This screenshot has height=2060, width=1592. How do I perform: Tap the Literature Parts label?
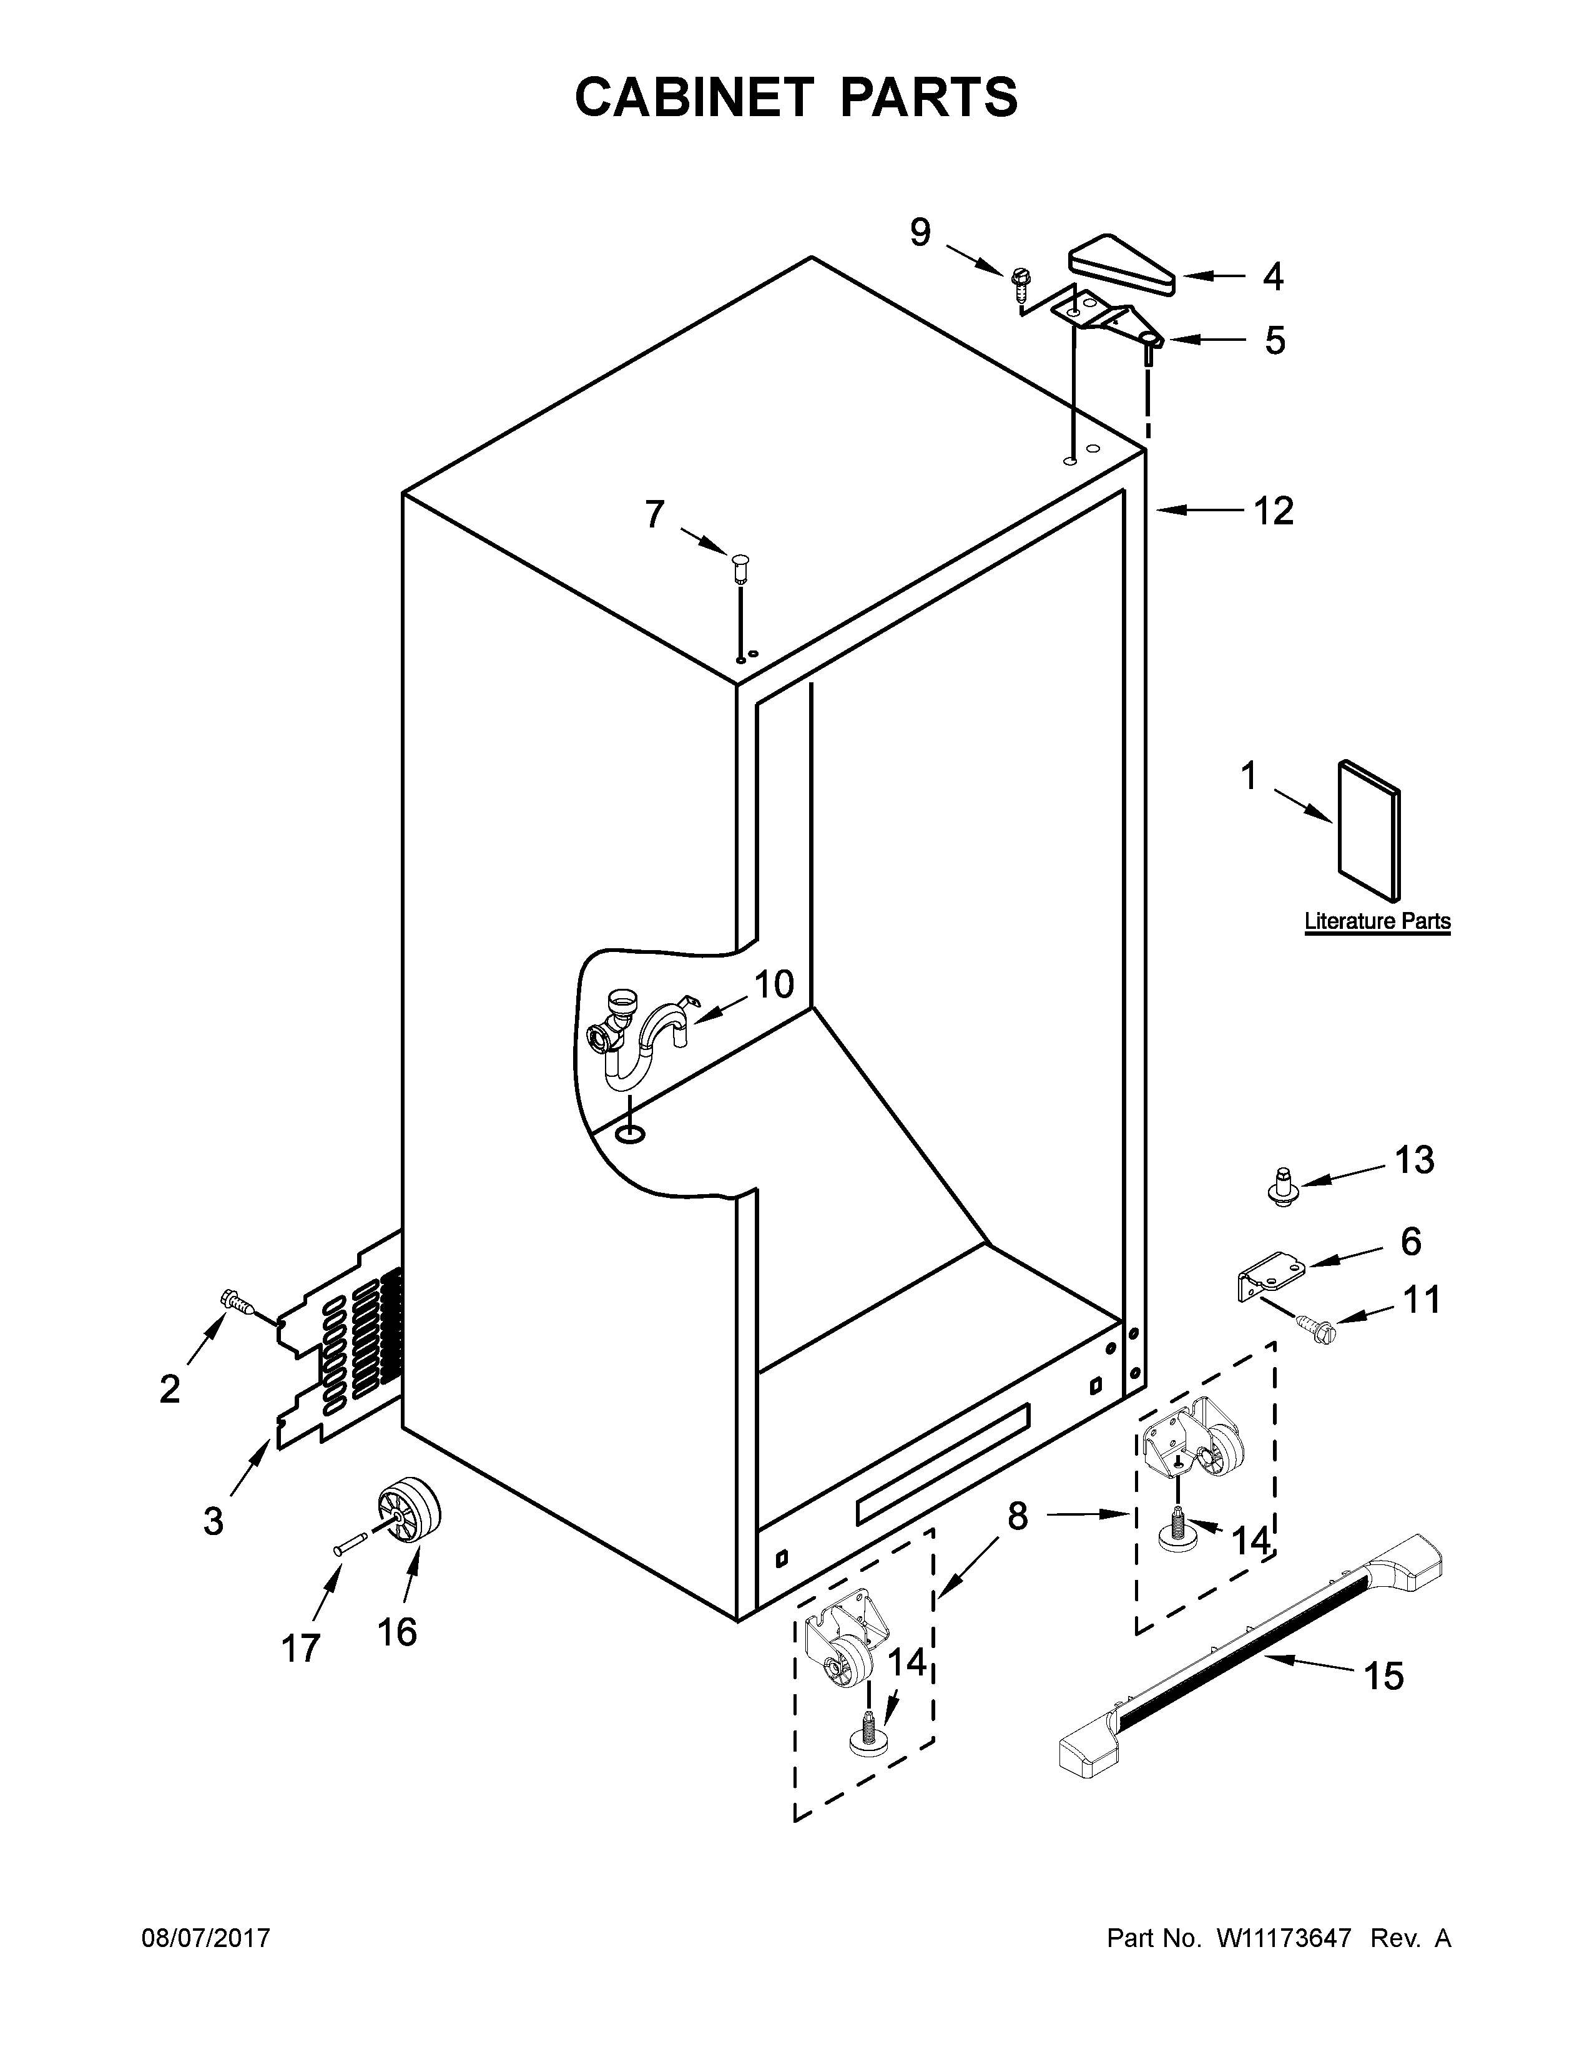coord(1377,921)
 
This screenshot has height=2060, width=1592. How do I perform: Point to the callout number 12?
coord(1272,511)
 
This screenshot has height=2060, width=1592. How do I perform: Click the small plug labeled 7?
coord(740,569)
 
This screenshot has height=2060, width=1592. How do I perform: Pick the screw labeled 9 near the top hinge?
coord(1020,280)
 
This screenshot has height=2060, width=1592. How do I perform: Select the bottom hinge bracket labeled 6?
coord(1269,1272)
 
